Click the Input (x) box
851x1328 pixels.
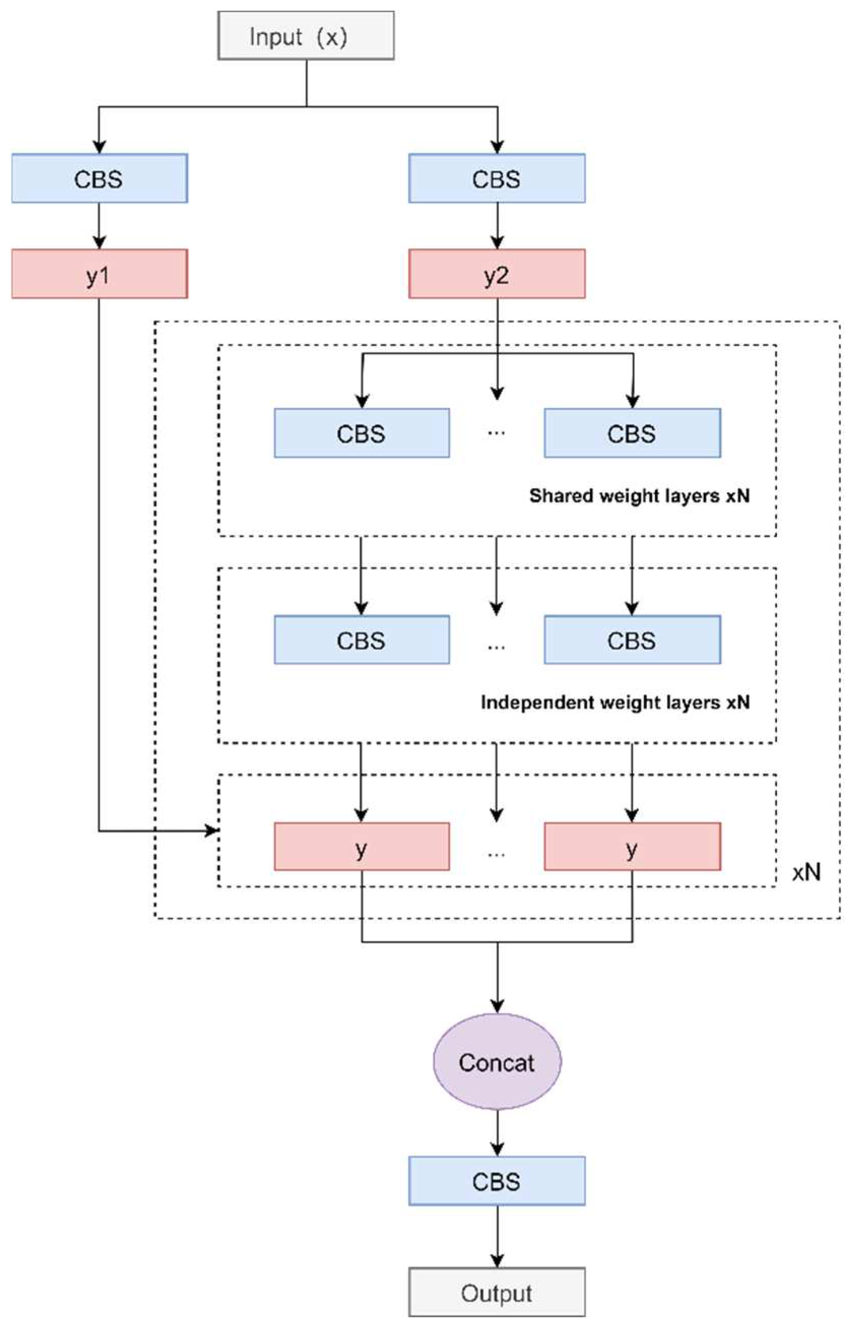(305, 36)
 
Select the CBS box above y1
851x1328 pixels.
(99, 179)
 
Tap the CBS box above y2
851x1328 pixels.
(496, 179)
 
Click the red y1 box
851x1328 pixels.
(99, 274)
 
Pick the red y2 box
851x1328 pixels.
(496, 274)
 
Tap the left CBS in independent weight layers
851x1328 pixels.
(361, 640)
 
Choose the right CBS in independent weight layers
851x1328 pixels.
(632, 640)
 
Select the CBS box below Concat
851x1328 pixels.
(496, 1182)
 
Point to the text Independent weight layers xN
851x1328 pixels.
(615, 702)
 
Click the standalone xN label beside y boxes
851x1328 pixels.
(806, 872)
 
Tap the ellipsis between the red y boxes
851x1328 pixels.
(496, 854)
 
